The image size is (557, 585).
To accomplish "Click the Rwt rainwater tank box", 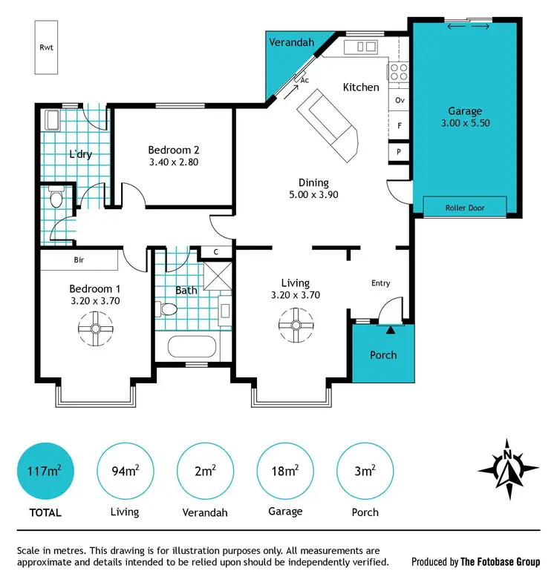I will tap(46, 47).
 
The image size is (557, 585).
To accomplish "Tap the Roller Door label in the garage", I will tap(465, 208).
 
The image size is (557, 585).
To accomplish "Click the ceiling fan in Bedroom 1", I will tap(96, 324).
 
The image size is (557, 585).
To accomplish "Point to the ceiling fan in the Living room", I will tap(295, 324).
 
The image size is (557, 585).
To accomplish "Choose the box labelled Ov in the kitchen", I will tap(400, 100).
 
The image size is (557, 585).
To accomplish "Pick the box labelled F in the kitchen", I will tap(400, 125).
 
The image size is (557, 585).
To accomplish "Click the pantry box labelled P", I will tap(400, 151).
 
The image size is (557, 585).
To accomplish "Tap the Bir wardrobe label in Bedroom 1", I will tap(79, 261).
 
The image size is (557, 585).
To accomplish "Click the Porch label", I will tap(383, 355).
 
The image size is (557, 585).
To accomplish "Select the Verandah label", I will tap(290, 42).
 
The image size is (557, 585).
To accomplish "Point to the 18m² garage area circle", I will tap(285, 471).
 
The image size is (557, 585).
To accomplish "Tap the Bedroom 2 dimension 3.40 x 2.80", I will tap(173, 162).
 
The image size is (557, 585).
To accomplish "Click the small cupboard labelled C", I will tap(215, 251).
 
